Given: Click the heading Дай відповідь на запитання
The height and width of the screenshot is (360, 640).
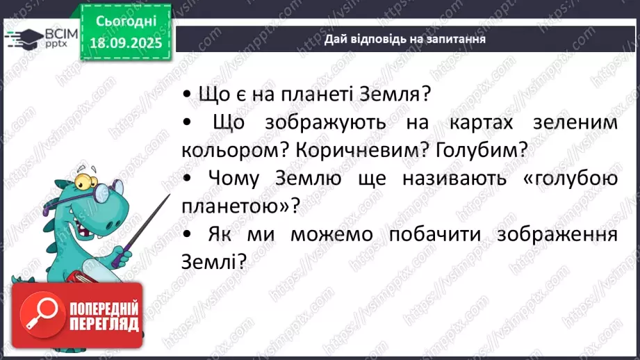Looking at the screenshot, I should point(404,39).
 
